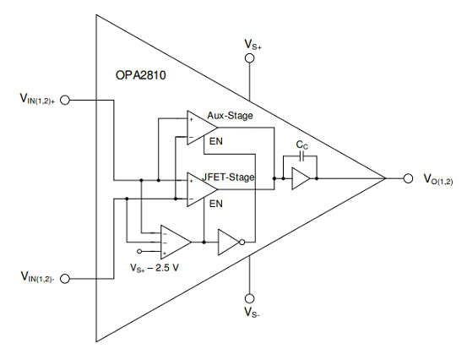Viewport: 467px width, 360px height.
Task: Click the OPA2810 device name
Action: click(140, 75)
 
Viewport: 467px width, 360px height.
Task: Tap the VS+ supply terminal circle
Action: click(250, 58)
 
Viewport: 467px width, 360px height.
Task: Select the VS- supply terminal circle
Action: click(250, 298)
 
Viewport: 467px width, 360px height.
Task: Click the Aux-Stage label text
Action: click(230, 116)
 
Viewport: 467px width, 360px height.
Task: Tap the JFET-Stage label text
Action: click(229, 177)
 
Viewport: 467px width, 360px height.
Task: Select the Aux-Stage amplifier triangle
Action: click(202, 128)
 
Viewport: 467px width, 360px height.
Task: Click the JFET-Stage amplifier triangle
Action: click(202, 189)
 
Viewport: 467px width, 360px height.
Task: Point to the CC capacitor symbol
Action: click(302, 155)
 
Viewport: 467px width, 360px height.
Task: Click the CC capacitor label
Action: click(302, 145)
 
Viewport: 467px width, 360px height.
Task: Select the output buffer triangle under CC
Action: click(301, 178)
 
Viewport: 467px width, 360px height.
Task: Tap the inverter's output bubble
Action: click(242, 242)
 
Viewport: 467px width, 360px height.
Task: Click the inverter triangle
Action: click(229, 242)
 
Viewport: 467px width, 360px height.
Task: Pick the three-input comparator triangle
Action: click(176, 242)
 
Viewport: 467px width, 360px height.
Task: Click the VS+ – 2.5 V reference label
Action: click(155, 268)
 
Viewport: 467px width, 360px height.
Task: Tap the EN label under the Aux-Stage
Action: click(216, 141)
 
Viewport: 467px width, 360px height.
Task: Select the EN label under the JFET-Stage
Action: click(216, 204)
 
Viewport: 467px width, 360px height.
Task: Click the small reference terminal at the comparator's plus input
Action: click(139, 252)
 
